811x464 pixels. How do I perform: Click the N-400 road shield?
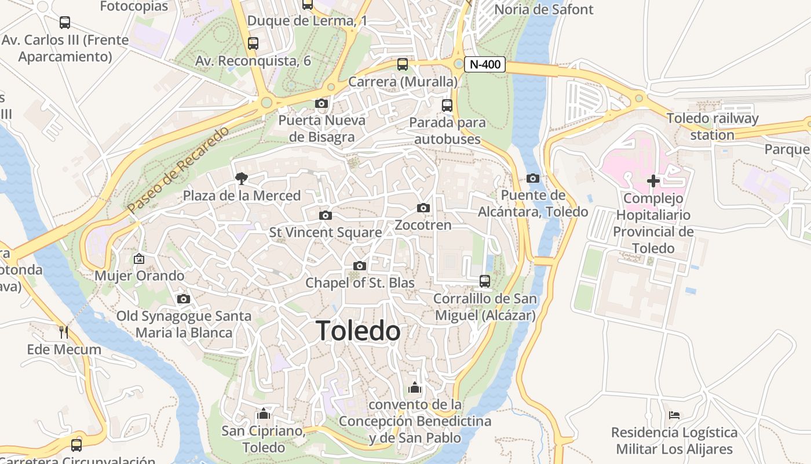484,64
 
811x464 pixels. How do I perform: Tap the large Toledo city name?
358,331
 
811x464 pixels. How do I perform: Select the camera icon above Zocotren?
423,208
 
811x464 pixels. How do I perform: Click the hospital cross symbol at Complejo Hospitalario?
653,181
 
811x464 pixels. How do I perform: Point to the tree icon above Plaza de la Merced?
241,179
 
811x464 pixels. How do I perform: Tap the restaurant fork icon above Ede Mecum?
64,332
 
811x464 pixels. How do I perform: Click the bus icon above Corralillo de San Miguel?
485,281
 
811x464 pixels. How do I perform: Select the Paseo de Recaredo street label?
178,168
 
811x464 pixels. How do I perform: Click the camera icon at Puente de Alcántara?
533,178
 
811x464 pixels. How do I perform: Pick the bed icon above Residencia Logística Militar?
674,415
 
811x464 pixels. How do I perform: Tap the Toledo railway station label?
712,126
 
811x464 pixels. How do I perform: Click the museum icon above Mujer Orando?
139,259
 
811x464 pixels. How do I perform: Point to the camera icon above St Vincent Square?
326,216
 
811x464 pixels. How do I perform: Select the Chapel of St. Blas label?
360,283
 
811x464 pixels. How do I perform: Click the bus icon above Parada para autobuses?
447,106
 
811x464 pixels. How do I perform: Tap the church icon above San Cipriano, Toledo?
264,414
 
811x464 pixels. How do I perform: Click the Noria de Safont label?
543,9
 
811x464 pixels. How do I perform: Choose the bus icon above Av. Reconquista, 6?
253,43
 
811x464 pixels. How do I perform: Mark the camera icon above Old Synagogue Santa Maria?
184,299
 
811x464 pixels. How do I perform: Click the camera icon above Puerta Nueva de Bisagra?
322,104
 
